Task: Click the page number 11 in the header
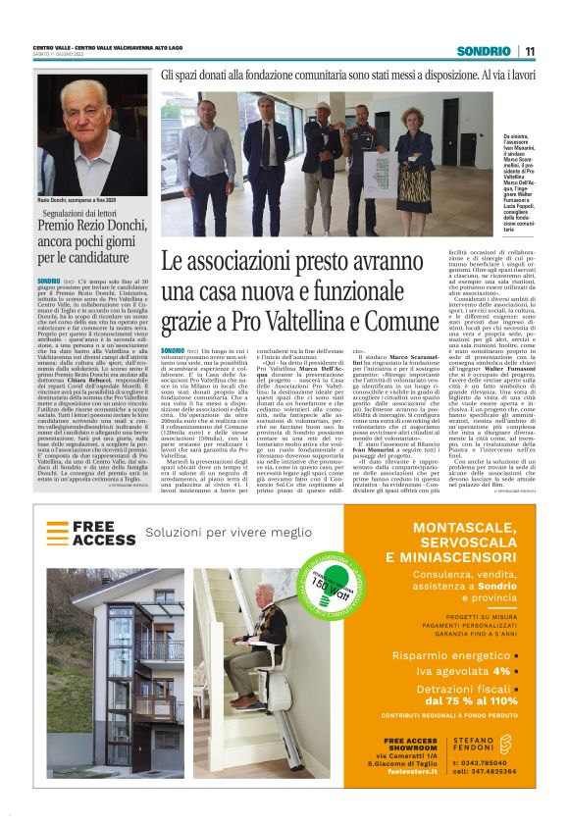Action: (x=530, y=51)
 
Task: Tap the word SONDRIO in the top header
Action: (x=485, y=51)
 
